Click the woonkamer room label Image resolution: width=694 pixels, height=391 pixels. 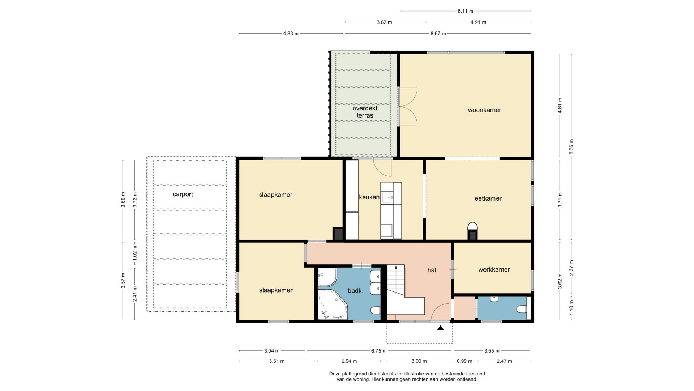point(484,110)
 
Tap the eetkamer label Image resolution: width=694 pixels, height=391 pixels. point(488,198)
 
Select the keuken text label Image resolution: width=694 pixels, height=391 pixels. point(369,197)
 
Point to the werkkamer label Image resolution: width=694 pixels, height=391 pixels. point(494,270)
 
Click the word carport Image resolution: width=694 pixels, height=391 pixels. point(183,194)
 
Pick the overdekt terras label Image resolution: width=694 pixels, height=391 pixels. point(365,112)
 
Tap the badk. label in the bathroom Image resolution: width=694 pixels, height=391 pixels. point(355,290)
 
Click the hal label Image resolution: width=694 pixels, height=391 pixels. point(432,270)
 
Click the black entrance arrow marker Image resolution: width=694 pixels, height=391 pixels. point(440,328)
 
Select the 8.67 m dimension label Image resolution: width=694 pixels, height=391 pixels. point(438,34)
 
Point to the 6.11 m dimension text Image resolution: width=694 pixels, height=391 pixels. point(465,11)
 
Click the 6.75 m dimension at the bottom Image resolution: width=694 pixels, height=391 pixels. point(379,351)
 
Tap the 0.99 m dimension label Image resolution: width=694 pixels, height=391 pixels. point(464,361)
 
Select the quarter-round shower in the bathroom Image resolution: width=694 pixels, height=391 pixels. point(327,277)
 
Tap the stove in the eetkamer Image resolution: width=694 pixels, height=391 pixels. point(472,231)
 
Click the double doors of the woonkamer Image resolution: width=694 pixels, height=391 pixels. point(408,106)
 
